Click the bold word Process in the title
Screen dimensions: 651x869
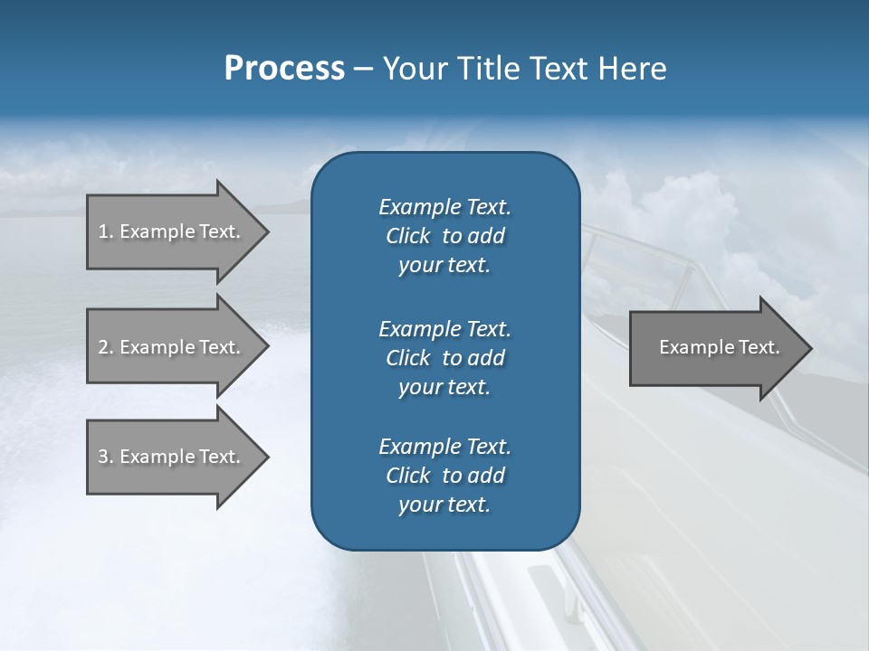click(x=284, y=69)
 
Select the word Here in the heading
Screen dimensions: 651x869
click(x=632, y=69)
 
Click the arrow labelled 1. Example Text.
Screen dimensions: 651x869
click(x=172, y=231)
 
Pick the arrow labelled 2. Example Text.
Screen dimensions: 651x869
click(x=172, y=347)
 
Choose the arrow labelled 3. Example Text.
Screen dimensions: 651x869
click(x=172, y=457)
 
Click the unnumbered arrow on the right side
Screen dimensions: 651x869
click(x=715, y=347)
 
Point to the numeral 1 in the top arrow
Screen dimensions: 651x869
click(x=102, y=231)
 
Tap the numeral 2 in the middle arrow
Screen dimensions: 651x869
click(x=102, y=347)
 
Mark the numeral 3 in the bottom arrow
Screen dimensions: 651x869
click(x=102, y=457)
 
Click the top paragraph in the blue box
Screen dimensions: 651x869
click(x=444, y=236)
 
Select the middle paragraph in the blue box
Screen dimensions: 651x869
click(x=444, y=358)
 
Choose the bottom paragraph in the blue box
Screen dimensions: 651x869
click(x=444, y=476)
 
